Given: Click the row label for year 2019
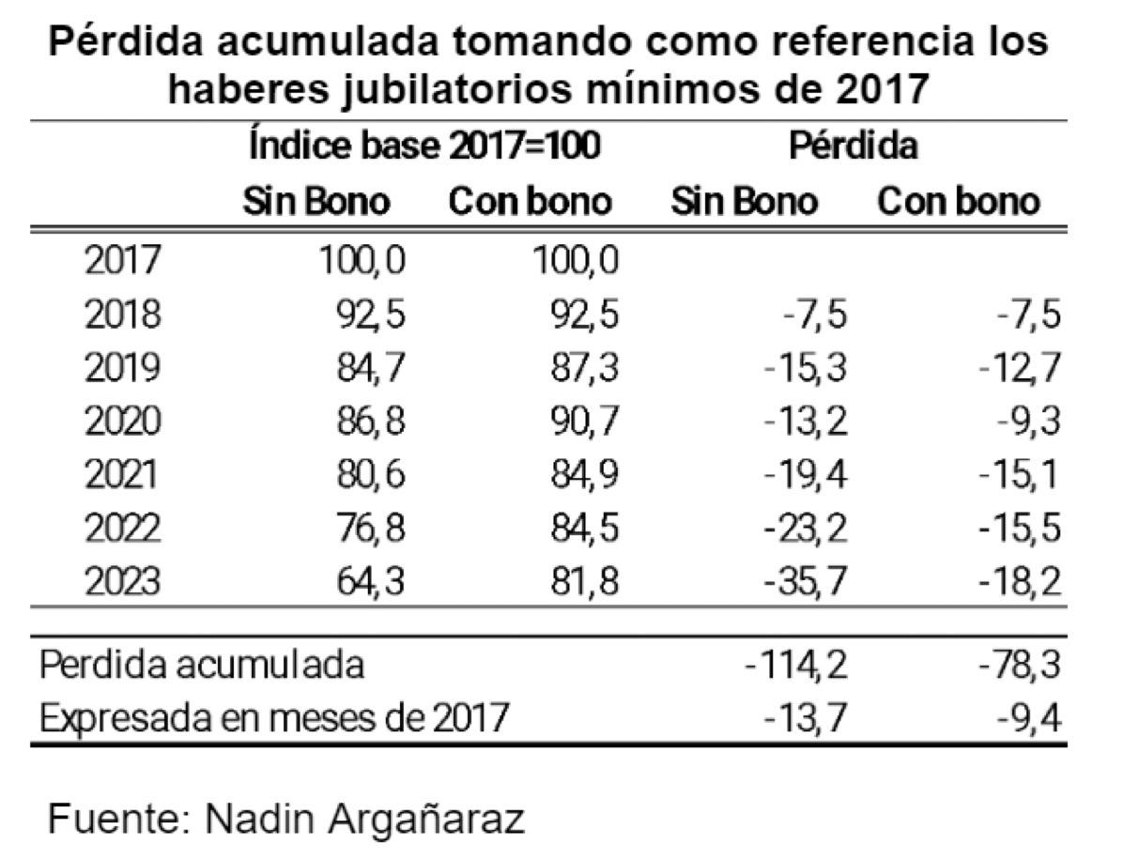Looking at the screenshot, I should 122,367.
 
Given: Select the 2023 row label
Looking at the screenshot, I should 122,582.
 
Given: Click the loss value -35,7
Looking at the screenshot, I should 807,582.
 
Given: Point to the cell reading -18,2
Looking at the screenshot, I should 1020,582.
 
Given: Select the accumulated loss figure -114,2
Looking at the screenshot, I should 797,665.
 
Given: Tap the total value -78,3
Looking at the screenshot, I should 1020,665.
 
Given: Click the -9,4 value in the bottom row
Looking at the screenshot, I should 1029,718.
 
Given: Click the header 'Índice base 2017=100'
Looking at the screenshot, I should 424,146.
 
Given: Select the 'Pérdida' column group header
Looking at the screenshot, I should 853,146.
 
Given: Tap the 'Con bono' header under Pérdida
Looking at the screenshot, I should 959,202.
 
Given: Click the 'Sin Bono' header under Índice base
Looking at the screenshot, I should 316,202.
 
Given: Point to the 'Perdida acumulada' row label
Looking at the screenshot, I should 201,665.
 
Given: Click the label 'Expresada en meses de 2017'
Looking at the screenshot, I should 274,718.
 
